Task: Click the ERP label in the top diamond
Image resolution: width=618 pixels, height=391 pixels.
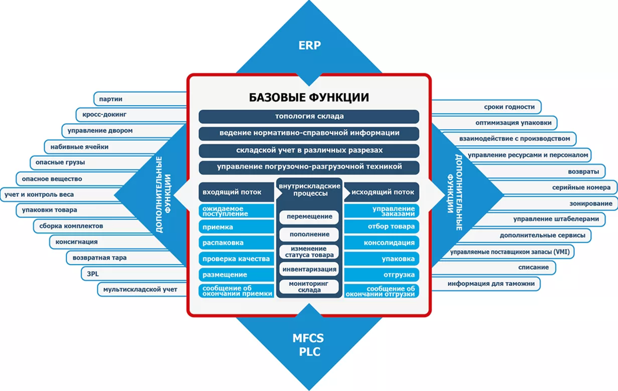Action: click(309, 45)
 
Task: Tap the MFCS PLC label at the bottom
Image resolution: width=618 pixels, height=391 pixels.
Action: click(309, 345)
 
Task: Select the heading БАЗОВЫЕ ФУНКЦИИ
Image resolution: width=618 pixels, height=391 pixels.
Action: click(309, 97)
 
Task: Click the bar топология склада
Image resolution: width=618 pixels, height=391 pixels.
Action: click(309, 116)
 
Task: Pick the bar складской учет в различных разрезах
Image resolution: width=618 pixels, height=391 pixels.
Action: click(309, 150)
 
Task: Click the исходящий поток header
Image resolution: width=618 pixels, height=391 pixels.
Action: click(382, 192)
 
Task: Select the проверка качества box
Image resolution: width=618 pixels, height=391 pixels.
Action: click(236, 259)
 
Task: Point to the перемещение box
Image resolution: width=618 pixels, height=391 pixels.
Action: click(309, 217)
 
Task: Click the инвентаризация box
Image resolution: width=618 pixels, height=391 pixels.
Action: click(309, 269)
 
